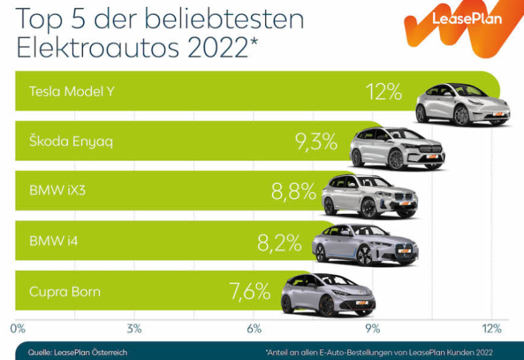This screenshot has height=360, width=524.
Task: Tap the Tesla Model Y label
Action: pos(71,92)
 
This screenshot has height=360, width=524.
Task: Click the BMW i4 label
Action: pos(54,242)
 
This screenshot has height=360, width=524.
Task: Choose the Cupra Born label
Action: pos(65,291)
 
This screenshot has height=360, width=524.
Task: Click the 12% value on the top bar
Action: pos(384,92)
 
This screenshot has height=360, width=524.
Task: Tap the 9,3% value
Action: pos(316,141)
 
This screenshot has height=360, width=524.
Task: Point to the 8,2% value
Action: pos(279,242)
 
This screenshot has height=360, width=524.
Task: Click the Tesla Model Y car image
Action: pos(462,105)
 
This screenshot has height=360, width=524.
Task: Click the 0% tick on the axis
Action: pos(18,328)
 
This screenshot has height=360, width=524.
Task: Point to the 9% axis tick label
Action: pos(373,328)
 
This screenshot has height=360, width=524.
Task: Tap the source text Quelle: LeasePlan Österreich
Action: pos(77,352)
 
